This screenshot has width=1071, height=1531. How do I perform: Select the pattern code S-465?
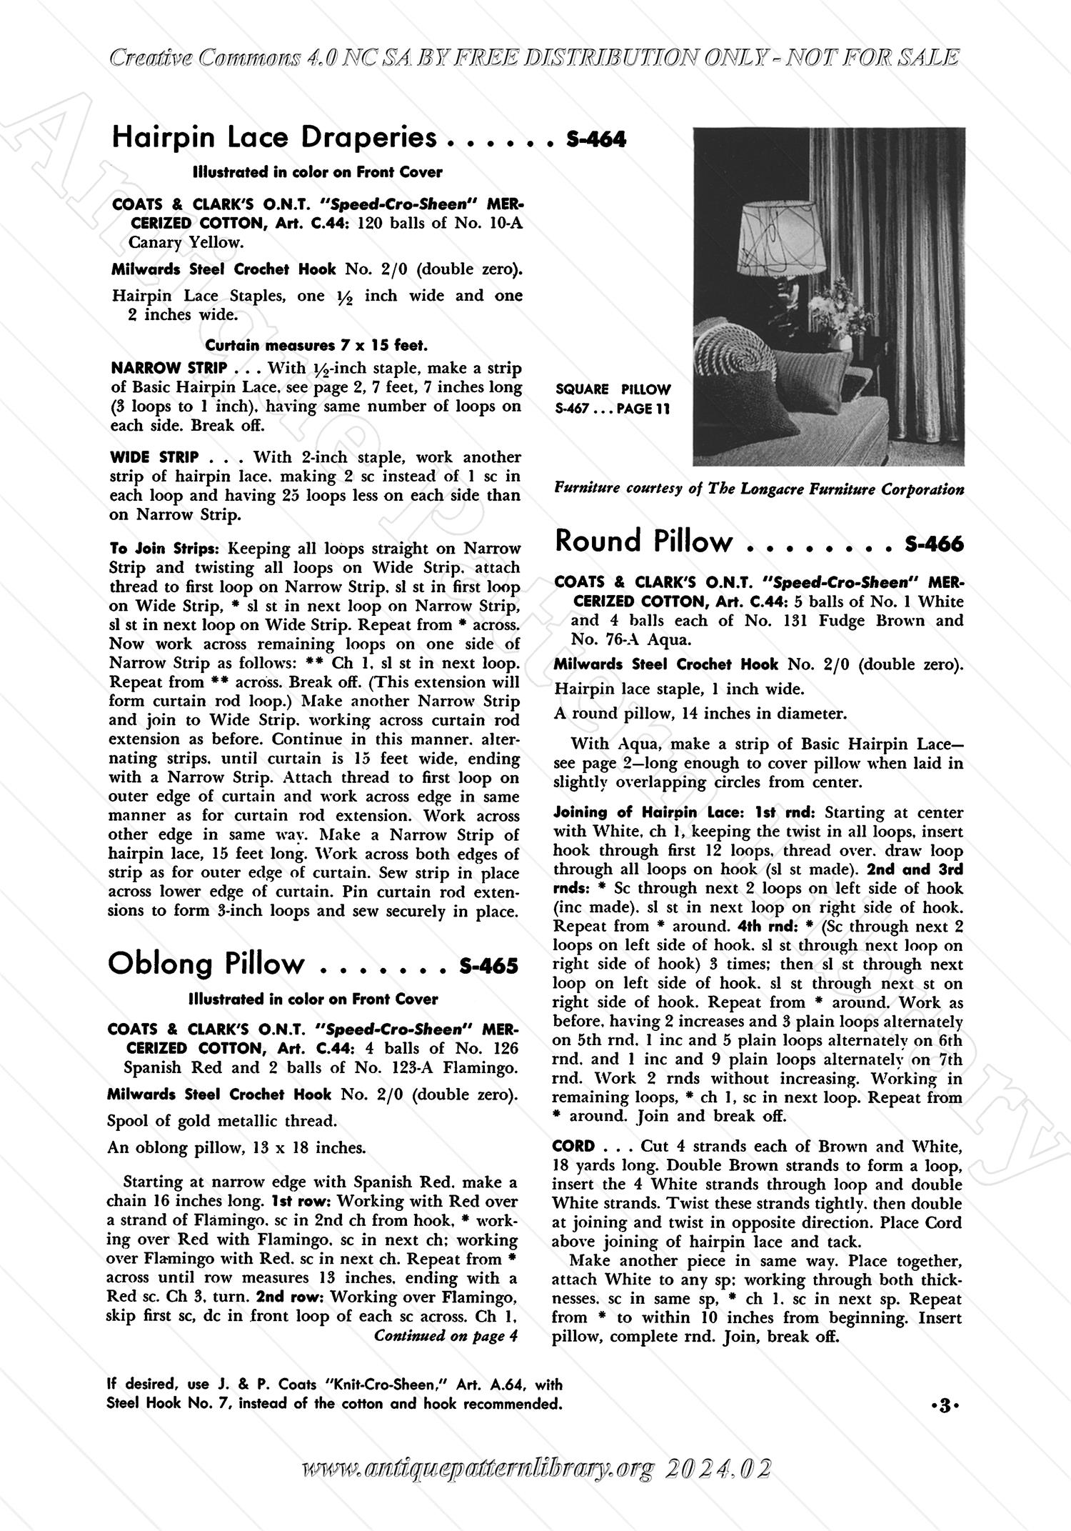(489, 967)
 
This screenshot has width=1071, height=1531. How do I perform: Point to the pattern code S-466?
(934, 544)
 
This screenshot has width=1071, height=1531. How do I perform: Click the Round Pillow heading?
(643, 542)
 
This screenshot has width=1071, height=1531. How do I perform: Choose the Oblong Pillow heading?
(206, 964)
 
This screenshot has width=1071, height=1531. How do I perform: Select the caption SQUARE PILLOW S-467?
(613, 399)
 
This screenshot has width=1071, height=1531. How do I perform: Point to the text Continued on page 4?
(446, 1336)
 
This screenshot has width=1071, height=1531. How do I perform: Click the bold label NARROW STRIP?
(169, 369)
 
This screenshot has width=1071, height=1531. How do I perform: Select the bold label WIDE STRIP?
(154, 457)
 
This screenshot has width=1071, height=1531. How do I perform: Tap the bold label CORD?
(573, 1147)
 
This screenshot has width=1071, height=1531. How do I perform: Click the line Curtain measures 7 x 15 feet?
(316, 346)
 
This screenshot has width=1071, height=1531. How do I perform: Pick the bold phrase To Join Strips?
(163, 549)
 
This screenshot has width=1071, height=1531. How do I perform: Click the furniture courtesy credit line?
(759, 490)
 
